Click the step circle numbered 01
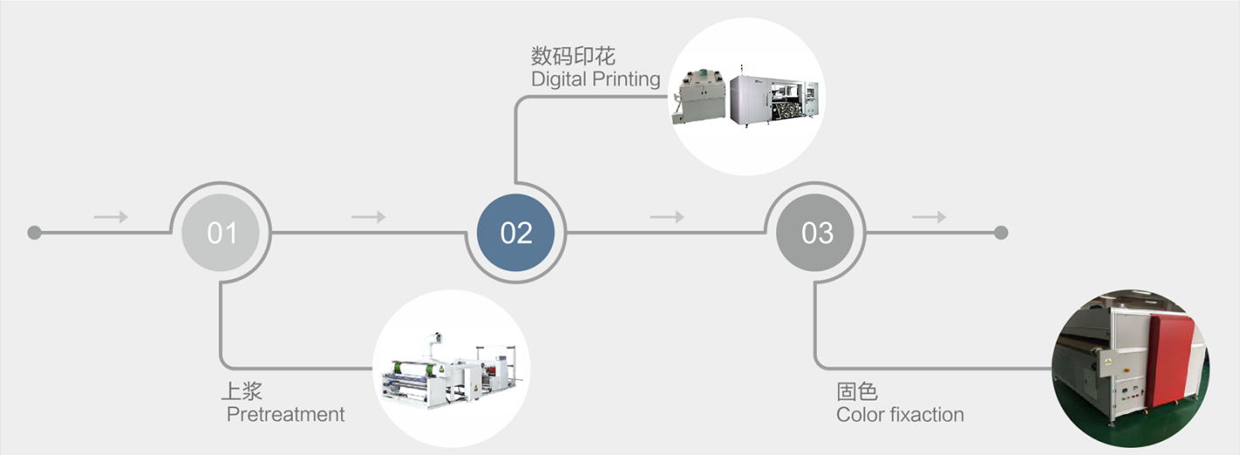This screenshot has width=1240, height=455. tap(222, 233)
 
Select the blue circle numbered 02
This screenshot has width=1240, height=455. tap(516, 233)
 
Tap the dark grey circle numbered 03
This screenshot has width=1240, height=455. tap(817, 233)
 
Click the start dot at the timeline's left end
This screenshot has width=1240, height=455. tap(34, 233)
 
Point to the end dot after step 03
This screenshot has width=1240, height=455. tap(1001, 233)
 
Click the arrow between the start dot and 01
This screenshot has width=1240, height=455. tap(111, 217)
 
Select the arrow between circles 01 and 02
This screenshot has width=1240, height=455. tap(369, 217)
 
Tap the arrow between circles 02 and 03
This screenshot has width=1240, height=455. tap(667, 217)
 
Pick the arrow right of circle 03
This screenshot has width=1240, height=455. tap(929, 217)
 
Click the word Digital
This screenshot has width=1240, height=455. tap(558, 80)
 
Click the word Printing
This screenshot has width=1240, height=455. tap(626, 80)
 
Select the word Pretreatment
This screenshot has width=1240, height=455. tap(286, 415)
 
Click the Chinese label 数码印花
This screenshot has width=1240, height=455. tap(573, 57)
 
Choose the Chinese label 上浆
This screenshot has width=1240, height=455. tap(241, 391)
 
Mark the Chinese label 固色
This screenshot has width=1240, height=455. tap(856, 391)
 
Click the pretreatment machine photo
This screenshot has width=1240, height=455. tap(451, 371)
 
